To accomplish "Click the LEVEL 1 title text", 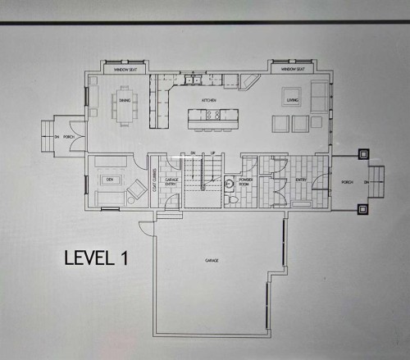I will [x=97, y=257].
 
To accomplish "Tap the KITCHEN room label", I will [x=209, y=100].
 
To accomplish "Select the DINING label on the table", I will [x=125, y=101].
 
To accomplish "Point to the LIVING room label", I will [x=293, y=101].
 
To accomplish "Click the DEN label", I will [x=108, y=179].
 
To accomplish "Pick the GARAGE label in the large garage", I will [x=212, y=260].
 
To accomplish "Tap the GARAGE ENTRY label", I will [x=171, y=181].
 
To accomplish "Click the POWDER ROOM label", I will [x=245, y=180].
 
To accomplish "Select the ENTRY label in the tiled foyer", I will [x=301, y=180].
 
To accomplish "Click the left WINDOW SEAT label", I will [x=125, y=70].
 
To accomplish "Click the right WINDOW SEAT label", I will [x=294, y=70].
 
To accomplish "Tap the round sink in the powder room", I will [x=230, y=184].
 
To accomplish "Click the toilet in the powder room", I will [x=232, y=199].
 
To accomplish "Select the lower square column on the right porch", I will [x=362, y=208].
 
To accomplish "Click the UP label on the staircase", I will [x=212, y=153].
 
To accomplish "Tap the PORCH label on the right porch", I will [x=348, y=181].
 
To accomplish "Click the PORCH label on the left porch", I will [x=69, y=136].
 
